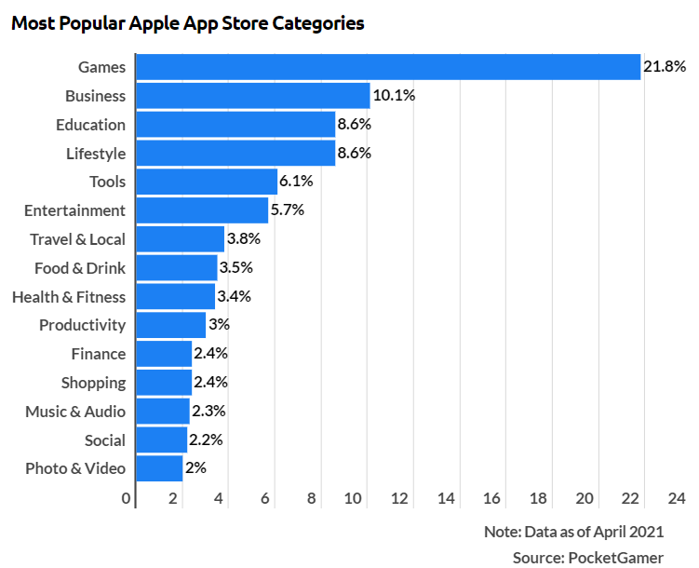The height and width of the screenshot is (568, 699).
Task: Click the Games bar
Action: (x=388, y=67)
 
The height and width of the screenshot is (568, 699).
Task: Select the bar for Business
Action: (x=253, y=96)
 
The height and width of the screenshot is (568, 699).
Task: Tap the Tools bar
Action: (x=207, y=182)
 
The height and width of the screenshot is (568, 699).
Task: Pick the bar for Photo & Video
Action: (x=159, y=468)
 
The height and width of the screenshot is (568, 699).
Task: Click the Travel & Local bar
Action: (x=181, y=239)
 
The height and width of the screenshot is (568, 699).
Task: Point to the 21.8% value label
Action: (x=665, y=67)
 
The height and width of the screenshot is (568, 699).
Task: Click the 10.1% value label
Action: (x=394, y=96)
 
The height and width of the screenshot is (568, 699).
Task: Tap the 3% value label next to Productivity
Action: (x=219, y=325)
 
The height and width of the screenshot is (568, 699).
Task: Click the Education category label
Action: (x=90, y=125)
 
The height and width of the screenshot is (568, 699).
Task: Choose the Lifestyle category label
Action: (x=95, y=154)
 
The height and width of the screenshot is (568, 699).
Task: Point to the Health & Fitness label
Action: (x=68, y=297)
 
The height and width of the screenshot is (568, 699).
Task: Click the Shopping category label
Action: (x=93, y=383)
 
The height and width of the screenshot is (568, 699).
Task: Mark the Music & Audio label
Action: (x=75, y=412)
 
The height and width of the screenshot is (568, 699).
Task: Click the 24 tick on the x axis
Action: (x=676, y=498)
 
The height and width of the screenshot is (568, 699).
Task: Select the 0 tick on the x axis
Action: (x=127, y=498)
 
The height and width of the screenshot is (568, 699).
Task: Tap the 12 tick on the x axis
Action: (x=401, y=498)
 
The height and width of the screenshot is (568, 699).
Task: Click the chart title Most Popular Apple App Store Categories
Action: (x=187, y=23)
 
